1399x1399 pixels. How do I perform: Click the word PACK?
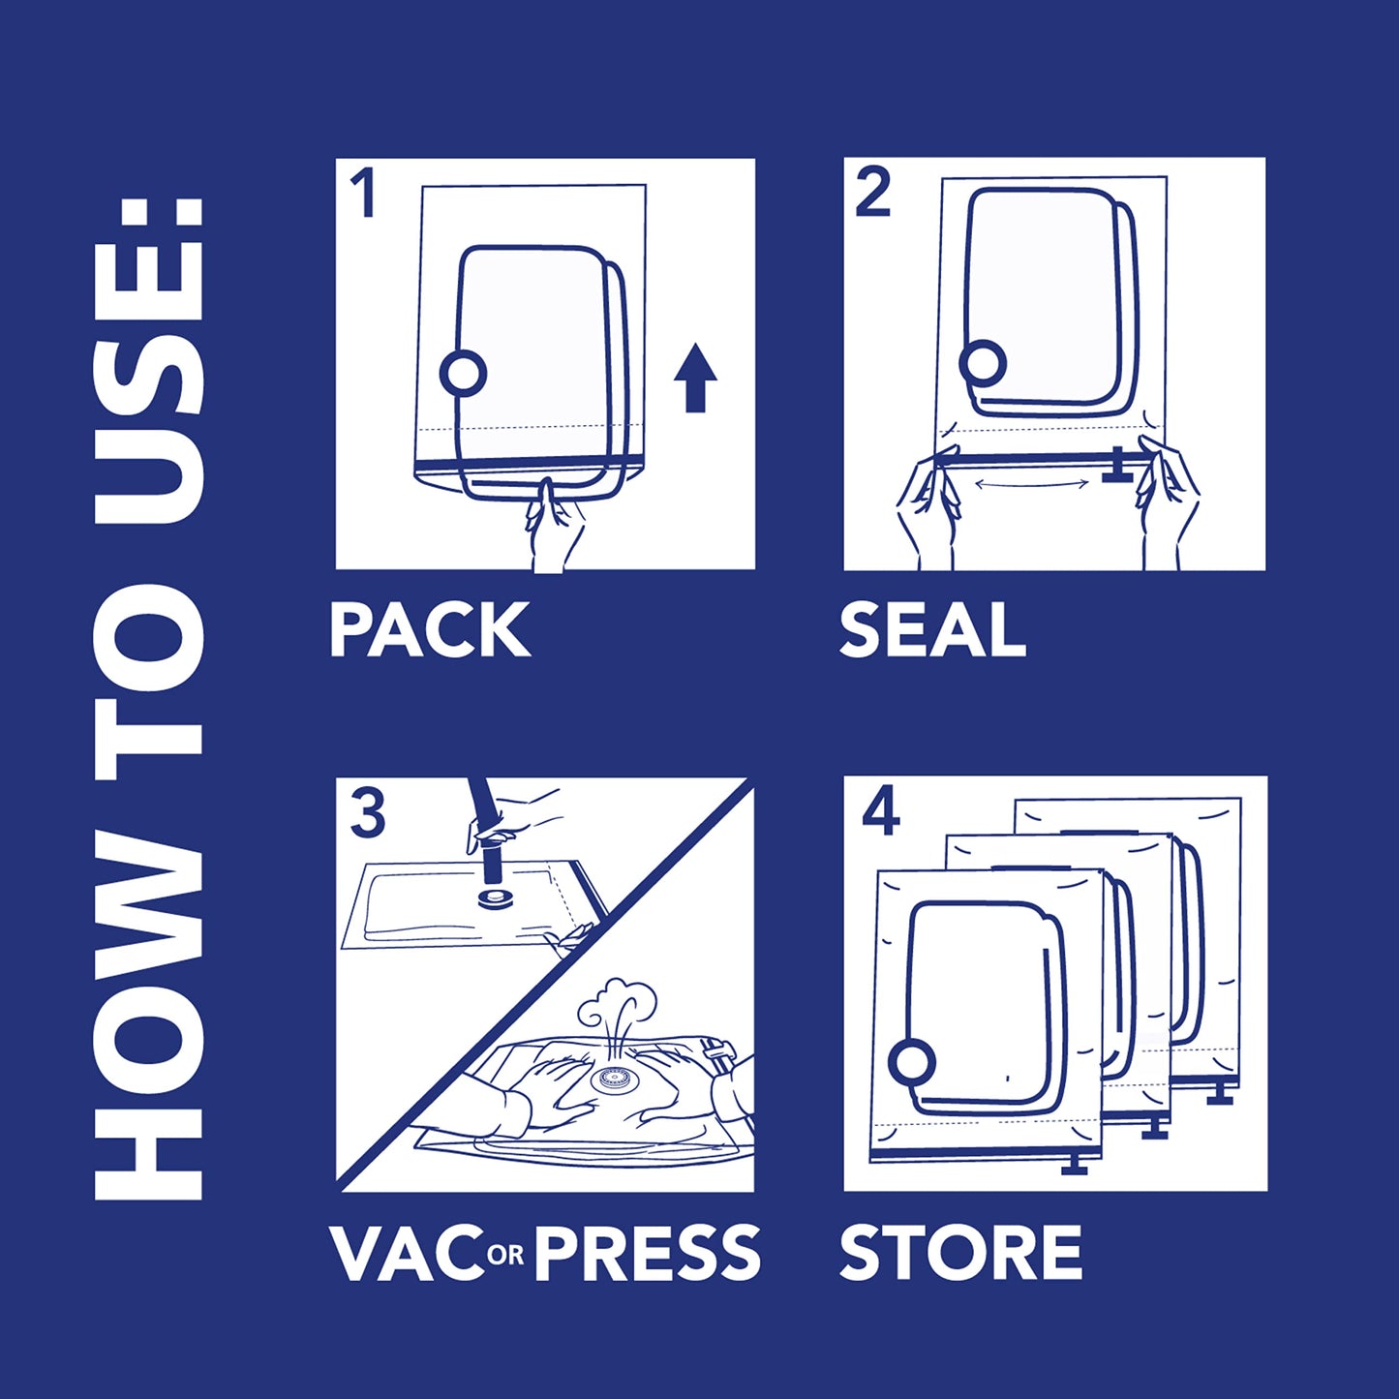pyautogui.click(x=430, y=630)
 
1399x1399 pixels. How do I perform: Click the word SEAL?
pyautogui.click(x=932, y=630)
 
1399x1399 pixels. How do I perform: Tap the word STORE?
pyautogui.click(x=960, y=1252)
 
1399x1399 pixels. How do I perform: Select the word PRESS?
pyautogui.click(x=647, y=1252)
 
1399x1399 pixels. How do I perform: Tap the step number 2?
pyautogui.click(x=872, y=193)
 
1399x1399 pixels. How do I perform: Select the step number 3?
pyautogui.click(x=367, y=814)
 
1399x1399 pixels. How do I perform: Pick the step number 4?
pyautogui.click(x=880, y=814)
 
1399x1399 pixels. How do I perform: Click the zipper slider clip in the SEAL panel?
pyautogui.click(x=1119, y=466)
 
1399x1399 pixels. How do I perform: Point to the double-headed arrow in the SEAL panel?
pyautogui.click(x=1028, y=482)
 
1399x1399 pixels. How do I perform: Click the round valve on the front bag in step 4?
pyautogui.click(x=912, y=1063)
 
